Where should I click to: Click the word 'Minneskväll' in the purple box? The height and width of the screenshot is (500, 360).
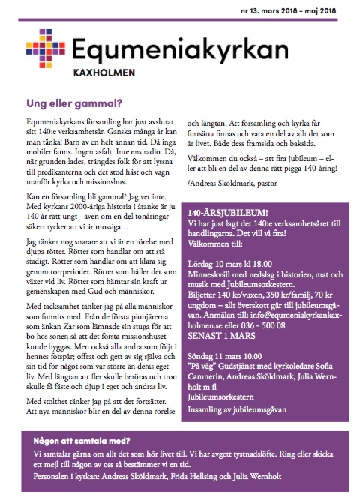(x=210, y=275)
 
